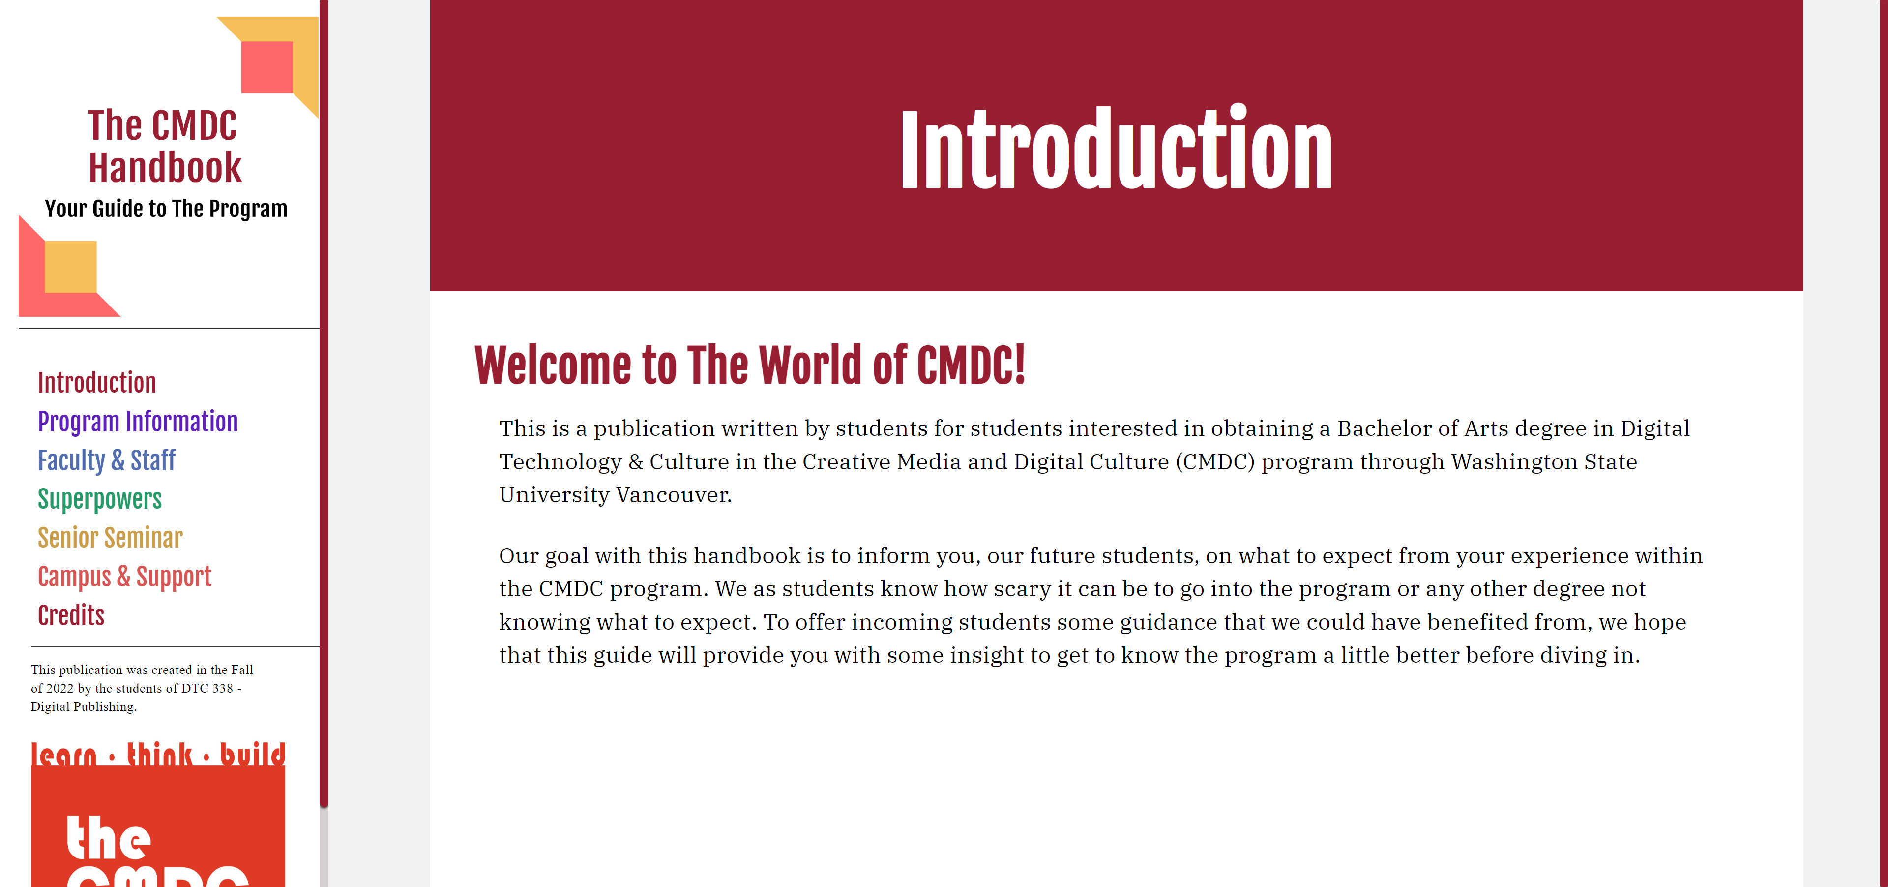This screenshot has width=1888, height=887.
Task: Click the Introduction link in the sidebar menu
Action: pos(97,383)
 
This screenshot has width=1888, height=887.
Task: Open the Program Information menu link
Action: pos(138,422)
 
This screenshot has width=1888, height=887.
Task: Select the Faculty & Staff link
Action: pos(106,461)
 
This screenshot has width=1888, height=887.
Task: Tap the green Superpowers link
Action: pos(100,500)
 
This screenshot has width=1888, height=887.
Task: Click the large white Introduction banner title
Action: pos(1116,149)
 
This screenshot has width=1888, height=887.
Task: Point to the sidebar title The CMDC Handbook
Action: pos(164,146)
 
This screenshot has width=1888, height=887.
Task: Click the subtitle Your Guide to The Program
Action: pos(166,209)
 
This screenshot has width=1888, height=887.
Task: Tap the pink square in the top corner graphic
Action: pos(267,67)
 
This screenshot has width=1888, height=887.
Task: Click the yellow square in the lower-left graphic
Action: pos(70,267)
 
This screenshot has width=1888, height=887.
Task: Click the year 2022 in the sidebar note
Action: pos(59,688)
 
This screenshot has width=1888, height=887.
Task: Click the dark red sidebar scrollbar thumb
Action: pos(324,403)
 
